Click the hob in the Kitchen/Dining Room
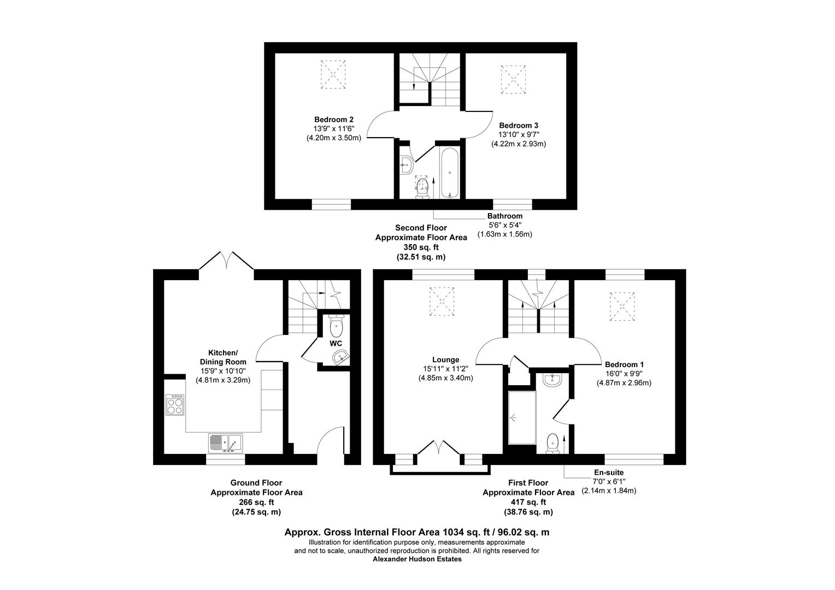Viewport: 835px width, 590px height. tap(175, 405)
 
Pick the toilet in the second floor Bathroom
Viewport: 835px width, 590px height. tap(422, 187)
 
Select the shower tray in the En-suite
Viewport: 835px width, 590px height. tap(521, 418)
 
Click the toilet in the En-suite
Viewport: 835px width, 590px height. tap(552, 442)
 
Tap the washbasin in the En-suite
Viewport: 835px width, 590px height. tap(552, 380)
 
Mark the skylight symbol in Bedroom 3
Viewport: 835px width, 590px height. tap(514, 79)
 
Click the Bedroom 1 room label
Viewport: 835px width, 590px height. tap(624, 364)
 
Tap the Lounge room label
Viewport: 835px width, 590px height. tap(445, 359)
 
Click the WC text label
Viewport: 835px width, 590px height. tap(336, 343)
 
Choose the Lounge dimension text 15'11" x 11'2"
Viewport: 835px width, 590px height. tap(445, 369)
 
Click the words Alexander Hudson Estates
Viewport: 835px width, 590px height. tap(417, 559)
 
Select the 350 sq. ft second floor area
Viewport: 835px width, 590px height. tap(421, 247)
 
